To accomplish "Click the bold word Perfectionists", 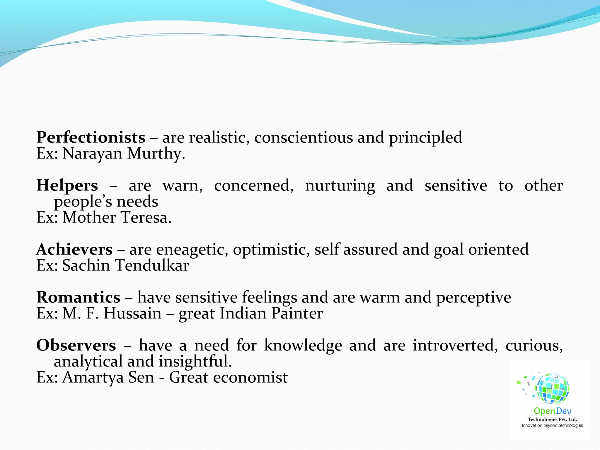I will point(91,138).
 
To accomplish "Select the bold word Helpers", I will point(67,186).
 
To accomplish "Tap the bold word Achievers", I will point(74,250).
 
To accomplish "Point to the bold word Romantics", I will point(78,298).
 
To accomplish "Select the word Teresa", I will point(146,218).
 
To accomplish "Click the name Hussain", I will point(132,313).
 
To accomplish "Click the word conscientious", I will point(304,138).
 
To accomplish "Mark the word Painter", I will point(297,313).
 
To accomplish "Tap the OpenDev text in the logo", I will point(552,411).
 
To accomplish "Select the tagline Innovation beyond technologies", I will point(552,425).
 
